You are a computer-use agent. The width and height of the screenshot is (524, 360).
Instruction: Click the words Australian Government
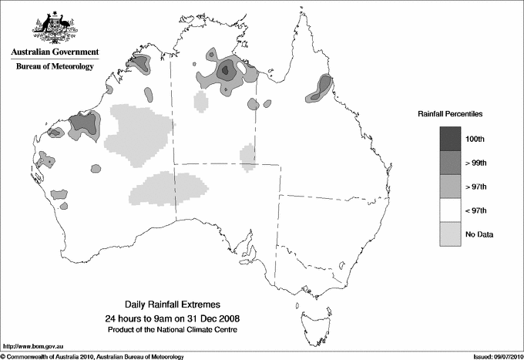click(55, 52)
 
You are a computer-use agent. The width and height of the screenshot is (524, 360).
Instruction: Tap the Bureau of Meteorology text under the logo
click(55, 67)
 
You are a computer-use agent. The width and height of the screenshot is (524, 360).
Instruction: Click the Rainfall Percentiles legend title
click(450, 113)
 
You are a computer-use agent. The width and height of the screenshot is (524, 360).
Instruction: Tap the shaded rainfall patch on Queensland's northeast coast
click(320, 89)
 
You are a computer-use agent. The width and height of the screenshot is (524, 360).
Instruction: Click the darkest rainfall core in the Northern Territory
click(225, 71)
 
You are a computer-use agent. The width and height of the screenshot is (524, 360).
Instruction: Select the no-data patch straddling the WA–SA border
click(173, 189)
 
